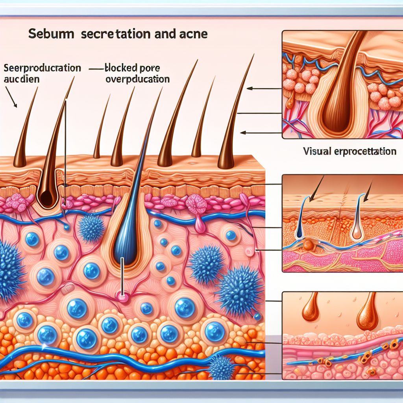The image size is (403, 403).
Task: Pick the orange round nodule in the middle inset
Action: tap(309, 245)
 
